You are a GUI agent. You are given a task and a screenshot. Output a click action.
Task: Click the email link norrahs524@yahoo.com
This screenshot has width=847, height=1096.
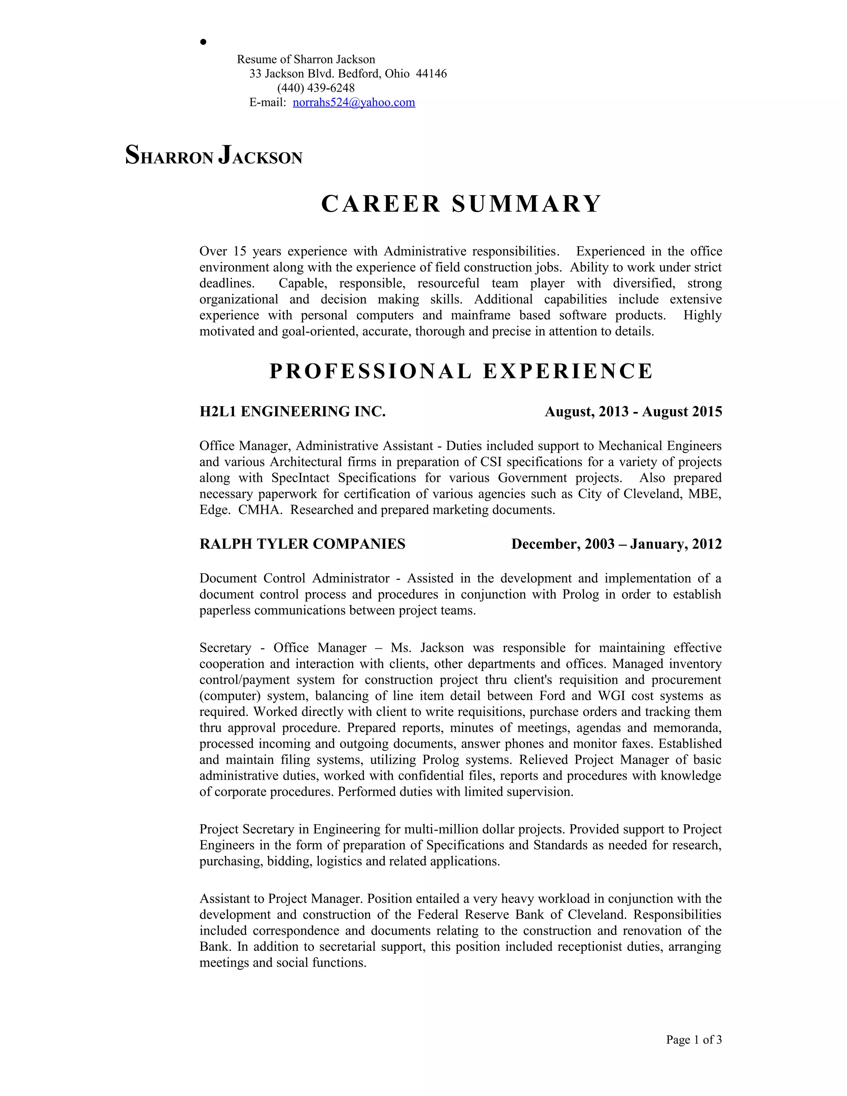[x=354, y=103]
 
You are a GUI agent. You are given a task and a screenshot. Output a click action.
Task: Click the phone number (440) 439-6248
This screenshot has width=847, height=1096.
[x=316, y=88]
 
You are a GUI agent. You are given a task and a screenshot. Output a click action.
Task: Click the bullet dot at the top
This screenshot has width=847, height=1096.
[x=203, y=42]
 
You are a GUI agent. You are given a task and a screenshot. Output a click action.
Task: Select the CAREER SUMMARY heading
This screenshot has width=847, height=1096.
[x=461, y=204]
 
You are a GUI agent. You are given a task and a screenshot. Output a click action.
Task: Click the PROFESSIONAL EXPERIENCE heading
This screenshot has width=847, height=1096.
[x=461, y=371]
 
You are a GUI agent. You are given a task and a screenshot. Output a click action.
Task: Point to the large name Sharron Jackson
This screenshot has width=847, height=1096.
[x=214, y=156]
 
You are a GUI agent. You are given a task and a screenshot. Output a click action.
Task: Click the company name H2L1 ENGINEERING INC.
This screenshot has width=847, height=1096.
[x=292, y=412]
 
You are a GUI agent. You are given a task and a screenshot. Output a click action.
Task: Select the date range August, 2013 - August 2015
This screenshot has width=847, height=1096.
[x=633, y=412]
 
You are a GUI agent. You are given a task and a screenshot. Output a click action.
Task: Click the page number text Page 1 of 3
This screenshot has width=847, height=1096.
[x=694, y=1039]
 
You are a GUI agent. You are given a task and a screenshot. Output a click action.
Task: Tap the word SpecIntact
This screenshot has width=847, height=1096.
[x=300, y=478]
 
